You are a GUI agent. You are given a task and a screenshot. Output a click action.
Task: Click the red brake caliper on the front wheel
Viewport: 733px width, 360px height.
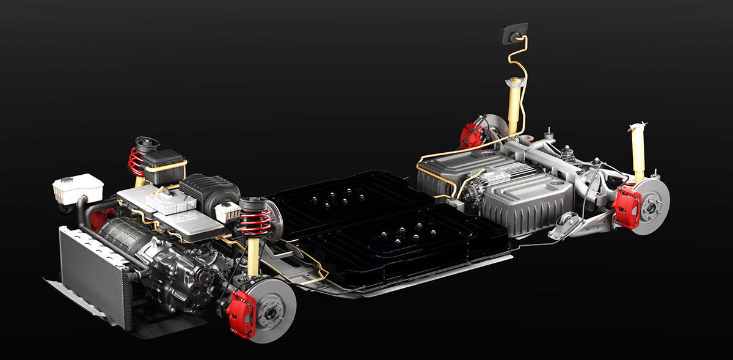pos(240,313)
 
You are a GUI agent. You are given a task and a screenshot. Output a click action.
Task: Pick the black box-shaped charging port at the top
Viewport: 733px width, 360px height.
pos(512,33)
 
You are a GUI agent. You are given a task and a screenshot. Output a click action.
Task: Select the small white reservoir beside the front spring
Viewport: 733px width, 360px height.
pos(228,211)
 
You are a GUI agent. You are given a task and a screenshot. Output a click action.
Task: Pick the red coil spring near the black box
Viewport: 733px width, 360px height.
pos(136,162)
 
